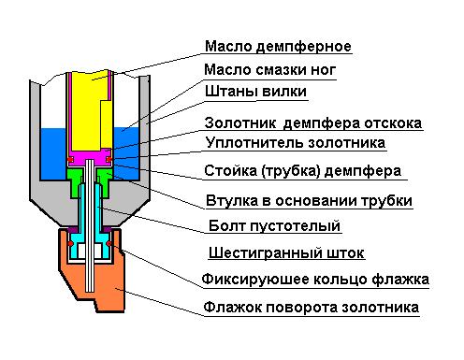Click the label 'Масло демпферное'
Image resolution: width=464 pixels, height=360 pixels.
278,47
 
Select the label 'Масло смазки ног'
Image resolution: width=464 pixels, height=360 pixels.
269,69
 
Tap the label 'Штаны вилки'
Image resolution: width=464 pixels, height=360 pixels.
255,92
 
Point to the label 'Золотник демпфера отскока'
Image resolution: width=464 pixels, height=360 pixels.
313,123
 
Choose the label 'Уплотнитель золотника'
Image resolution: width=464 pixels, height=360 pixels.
296,143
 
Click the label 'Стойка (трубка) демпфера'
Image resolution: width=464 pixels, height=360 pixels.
303,171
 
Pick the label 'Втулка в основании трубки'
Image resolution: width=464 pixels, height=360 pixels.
309,200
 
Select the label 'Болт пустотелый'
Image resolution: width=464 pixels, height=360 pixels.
274,225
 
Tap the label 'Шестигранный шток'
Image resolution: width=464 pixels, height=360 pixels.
286,252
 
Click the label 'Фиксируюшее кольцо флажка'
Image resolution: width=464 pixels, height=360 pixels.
315,279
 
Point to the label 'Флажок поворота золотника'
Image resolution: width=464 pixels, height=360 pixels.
312,308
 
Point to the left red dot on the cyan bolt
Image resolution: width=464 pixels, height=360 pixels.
71,243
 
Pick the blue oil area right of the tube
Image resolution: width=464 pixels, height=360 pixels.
127,152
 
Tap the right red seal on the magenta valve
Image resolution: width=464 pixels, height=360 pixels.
109,160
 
